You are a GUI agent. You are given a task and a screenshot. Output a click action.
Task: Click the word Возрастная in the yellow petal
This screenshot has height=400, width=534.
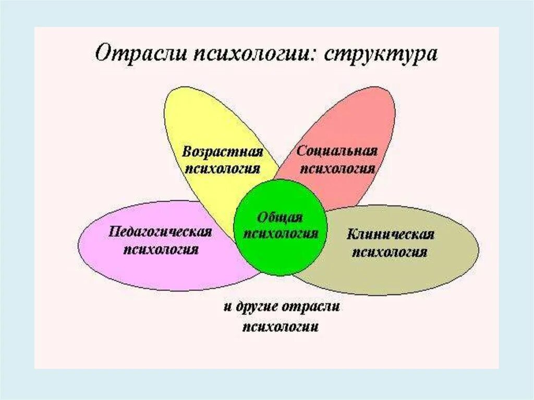(222, 152)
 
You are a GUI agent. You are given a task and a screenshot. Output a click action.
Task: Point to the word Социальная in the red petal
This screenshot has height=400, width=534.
(336, 152)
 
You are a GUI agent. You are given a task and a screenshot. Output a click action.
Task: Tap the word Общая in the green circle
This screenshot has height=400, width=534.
(280, 217)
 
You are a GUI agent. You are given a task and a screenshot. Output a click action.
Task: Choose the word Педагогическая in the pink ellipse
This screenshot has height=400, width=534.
(161, 232)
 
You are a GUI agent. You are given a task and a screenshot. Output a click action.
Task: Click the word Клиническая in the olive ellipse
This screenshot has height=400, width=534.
(390, 235)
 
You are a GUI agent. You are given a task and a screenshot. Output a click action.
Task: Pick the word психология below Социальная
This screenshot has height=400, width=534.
(338, 168)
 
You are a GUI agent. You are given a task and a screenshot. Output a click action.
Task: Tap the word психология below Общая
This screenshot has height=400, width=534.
(281, 234)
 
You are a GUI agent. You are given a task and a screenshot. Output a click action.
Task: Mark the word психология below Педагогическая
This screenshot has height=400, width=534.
(161, 249)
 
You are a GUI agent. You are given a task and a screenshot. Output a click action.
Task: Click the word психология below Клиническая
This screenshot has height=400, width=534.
(390, 252)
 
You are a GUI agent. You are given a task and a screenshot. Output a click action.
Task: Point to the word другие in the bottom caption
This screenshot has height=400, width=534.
(257, 307)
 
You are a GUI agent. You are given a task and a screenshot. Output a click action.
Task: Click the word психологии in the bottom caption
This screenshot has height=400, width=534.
(281, 326)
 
